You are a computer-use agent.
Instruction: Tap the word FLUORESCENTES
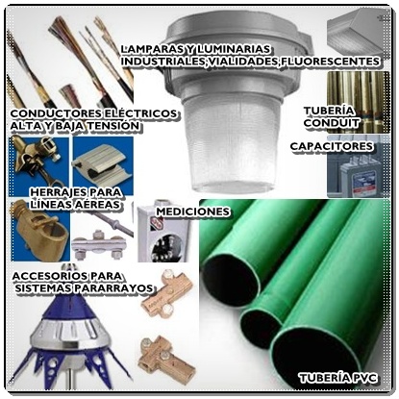pos(330,62)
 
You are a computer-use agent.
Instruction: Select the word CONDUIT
pos(332,123)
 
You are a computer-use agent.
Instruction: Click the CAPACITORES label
pos(332,146)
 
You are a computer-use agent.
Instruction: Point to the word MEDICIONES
pos(193,212)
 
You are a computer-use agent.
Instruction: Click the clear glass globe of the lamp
pos(231,142)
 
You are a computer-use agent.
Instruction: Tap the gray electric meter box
pos(163,234)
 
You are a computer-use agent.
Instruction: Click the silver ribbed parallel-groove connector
pos(102,166)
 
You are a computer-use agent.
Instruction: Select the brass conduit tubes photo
pos(359,102)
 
